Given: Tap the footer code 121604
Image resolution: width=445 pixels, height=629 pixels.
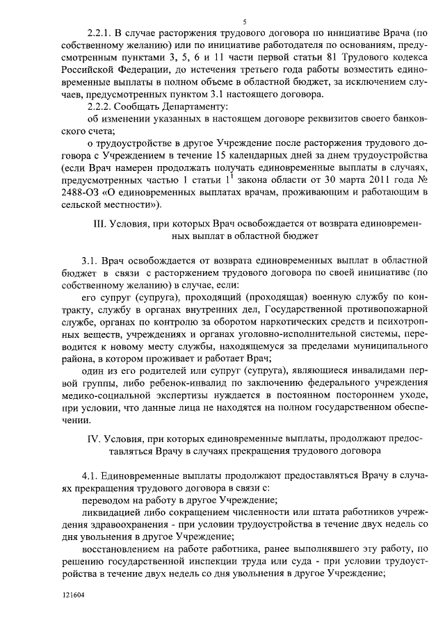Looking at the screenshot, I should click(x=72, y=597).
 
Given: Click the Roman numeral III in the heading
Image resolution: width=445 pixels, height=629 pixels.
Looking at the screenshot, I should click(x=99, y=224).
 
